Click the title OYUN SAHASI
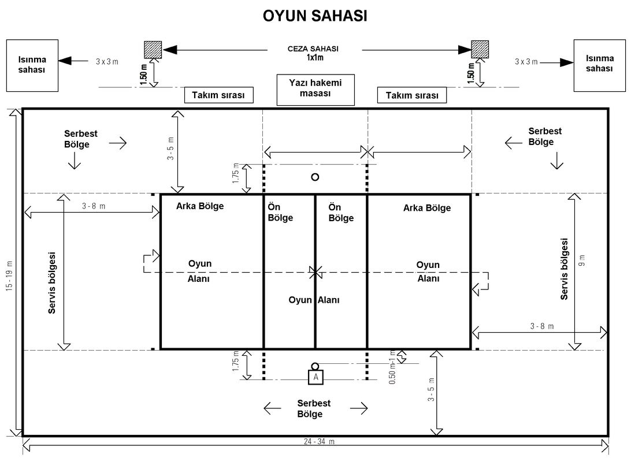315,16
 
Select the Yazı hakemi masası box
315,89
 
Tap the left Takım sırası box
219,95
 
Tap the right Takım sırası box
412,95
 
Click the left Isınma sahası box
32,65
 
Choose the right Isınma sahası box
599,65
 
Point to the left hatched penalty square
153,50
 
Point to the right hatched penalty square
480,50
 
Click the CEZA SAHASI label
313,49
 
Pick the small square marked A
315,377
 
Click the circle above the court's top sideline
315,177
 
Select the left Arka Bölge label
200,206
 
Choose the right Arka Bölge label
427,208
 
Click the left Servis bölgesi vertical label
51,282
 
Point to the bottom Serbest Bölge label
315,408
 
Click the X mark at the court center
315,272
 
